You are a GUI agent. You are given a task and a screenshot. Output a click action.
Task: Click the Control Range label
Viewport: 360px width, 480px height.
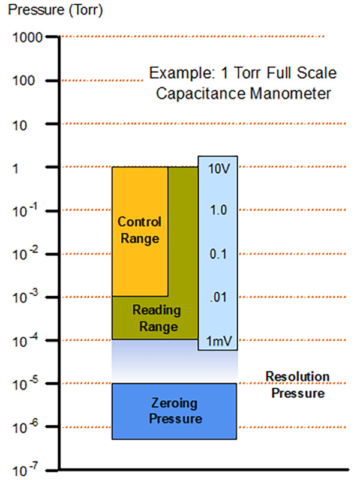(x=139, y=230)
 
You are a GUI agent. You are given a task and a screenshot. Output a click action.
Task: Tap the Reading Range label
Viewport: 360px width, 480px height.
(x=155, y=319)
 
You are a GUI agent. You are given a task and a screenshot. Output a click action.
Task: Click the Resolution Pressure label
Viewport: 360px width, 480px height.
(x=298, y=385)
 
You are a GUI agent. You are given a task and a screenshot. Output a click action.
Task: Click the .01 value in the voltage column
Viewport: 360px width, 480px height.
(x=218, y=298)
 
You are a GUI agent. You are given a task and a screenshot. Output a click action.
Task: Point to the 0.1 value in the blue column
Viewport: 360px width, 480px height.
(x=218, y=254)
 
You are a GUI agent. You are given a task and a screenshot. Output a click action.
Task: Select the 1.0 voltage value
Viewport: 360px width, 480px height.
(x=218, y=211)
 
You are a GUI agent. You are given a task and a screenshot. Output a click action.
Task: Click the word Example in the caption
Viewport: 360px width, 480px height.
(x=175, y=74)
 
